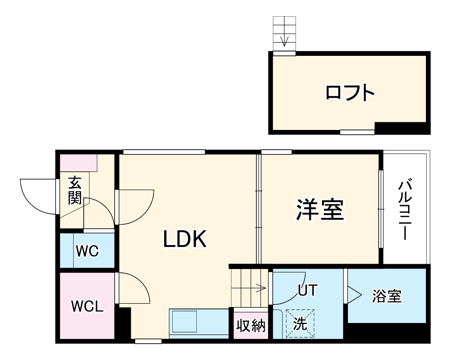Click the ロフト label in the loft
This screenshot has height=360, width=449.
click(x=350, y=92)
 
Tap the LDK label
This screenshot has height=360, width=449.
click(x=185, y=239)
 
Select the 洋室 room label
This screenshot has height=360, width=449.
click(x=320, y=210)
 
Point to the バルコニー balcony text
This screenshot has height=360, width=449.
click(x=406, y=209)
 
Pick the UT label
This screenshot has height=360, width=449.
click(x=308, y=290)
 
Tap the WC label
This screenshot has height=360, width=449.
click(x=87, y=250)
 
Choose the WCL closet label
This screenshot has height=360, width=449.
click(x=87, y=306)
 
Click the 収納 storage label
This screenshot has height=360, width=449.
click(x=251, y=326)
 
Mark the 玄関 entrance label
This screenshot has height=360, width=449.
click(x=74, y=191)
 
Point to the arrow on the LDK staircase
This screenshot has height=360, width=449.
click(x=260, y=289)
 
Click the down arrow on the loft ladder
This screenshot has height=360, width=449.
click(x=284, y=40)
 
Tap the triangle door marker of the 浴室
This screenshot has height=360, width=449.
click(x=353, y=294)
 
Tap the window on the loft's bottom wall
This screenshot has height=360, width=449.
click(x=357, y=131)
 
